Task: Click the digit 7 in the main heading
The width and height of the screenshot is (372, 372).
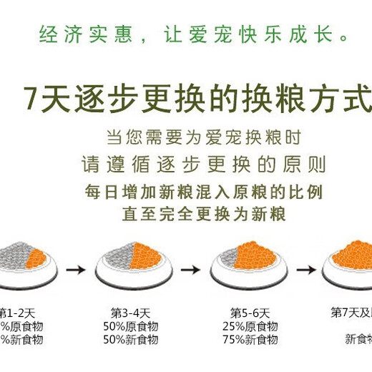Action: click(29, 99)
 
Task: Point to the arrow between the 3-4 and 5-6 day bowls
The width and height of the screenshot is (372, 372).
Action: click(190, 270)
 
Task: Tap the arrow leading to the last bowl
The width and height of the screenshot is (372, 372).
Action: click(305, 270)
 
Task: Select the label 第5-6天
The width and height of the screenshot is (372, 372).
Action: click(250, 313)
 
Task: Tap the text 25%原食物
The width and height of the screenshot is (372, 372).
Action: click(250, 327)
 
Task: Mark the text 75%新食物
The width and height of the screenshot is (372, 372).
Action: click(250, 340)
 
